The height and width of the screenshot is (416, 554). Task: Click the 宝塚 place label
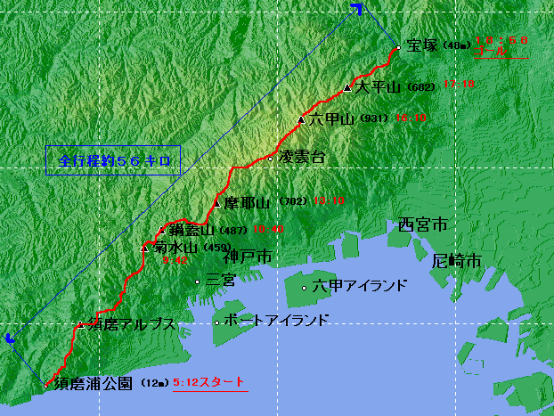coord(421,46)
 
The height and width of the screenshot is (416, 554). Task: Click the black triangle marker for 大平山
coord(347,87)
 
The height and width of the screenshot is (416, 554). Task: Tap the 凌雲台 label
coord(302,157)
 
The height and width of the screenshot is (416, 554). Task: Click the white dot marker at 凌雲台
coord(271,158)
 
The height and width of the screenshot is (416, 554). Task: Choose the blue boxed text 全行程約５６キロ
coord(113,161)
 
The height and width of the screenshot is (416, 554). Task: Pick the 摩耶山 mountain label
coord(246,201)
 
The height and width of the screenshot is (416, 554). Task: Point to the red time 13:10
coord(329,201)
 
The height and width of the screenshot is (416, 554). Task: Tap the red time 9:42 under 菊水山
coord(175,259)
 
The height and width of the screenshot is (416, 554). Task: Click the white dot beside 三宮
coord(198,281)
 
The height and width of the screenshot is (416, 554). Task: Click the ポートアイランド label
coord(277,321)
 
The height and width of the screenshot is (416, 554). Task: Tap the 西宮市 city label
coord(421,225)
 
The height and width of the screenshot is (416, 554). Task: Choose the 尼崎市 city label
coord(455,261)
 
